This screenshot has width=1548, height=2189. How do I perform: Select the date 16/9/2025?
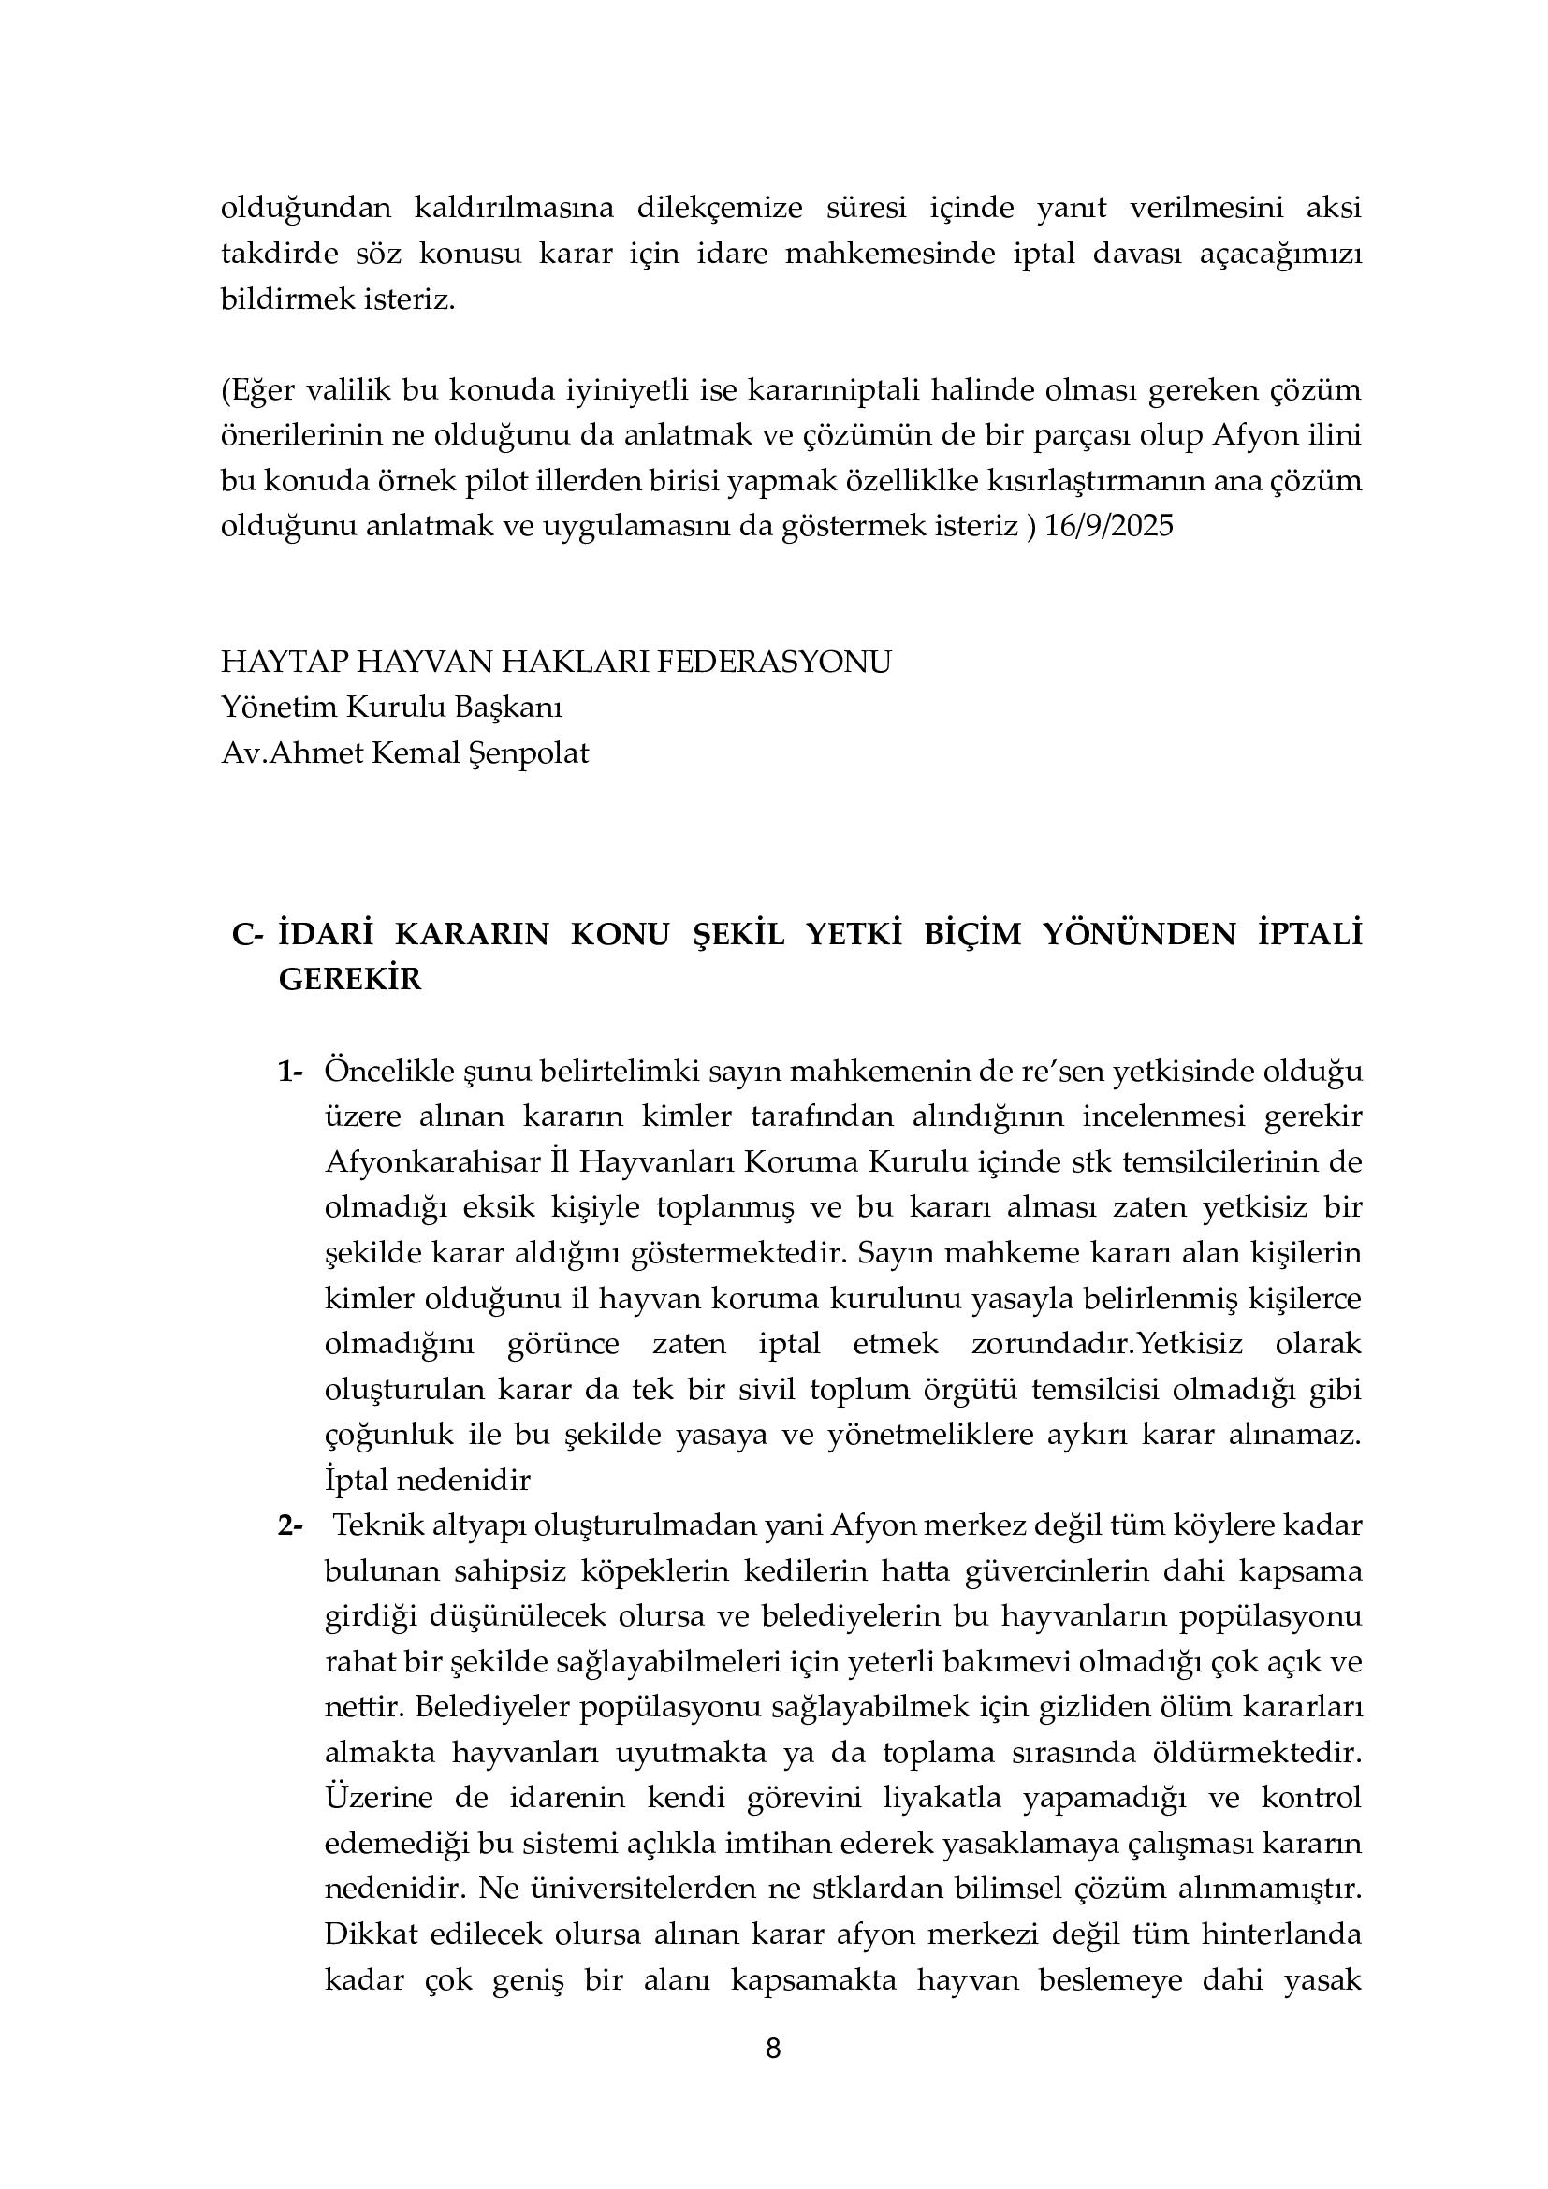pos(1110,526)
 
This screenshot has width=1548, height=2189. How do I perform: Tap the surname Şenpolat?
pos(529,753)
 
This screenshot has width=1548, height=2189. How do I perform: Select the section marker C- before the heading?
pos(247,934)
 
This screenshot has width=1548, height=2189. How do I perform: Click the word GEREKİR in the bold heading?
pos(350,979)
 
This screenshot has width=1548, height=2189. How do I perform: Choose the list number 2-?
pos(290,1525)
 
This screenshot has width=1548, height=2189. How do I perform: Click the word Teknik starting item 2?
pos(374,1525)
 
